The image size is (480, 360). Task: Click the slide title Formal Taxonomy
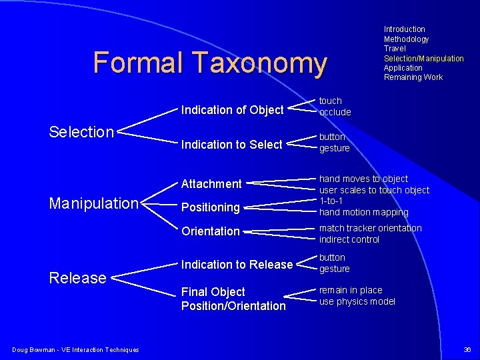coord(210,63)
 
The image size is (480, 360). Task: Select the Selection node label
coord(81,132)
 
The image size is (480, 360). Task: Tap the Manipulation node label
coord(94,203)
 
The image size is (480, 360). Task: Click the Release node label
coord(78,277)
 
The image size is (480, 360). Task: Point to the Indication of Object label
coord(233,110)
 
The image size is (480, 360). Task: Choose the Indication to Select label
coord(232,145)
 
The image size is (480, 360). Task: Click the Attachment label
coord(211,183)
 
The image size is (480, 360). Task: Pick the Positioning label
coord(211,207)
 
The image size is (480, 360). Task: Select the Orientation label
coord(211,231)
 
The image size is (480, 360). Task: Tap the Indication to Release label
coord(237,265)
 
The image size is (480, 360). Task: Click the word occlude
coord(335,112)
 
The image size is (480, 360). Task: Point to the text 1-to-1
coord(331,201)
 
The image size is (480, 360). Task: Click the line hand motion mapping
coord(363,213)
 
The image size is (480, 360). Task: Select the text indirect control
coord(349,239)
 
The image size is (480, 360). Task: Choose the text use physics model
coord(357,301)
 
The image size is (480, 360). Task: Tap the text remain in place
coord(351,290)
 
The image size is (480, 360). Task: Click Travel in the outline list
coord(395,49)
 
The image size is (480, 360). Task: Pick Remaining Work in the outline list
coord(413,77)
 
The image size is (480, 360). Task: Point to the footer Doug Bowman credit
coord(75,350)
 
